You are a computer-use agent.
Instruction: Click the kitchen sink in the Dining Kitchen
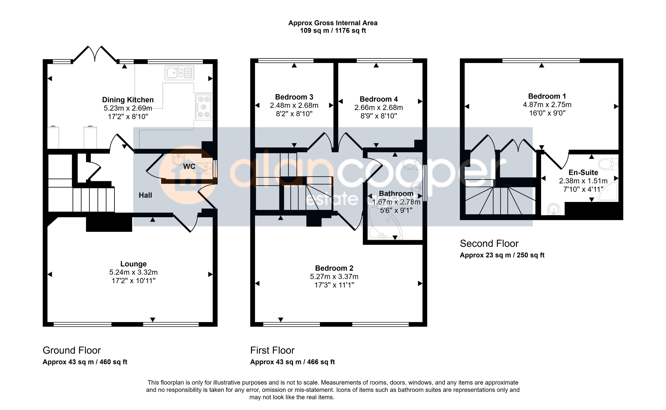pyautogui.click(x=180, y=72)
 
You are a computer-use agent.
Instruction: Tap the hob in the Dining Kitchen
pyautogui.click(x=204, y=107)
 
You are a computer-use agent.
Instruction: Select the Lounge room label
pyautogui.click(x=133, y=264)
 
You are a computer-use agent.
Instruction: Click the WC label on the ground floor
pyautogui.click(x=189, y=167)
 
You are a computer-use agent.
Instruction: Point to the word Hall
pyautogui.click(x=145, y=195)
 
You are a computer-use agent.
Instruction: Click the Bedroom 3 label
pyautogui.click(x=294, y=97)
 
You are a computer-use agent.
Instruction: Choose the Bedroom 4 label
pyautogui.click(x=379, y=99)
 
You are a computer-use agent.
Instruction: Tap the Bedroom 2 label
pyautogui.click(x=334, y=268)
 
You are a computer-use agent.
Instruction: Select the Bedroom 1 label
pyautogui.click(x=547, y=96)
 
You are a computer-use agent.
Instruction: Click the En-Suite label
pyautogui.click(x=583, y=172)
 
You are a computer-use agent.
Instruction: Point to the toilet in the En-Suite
pyautogui.click(x=608, y=164)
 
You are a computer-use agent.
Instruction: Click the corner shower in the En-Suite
pyautogui.click(x=609, y=191)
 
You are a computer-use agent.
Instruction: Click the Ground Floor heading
pyautogui.click(x=72, y=350)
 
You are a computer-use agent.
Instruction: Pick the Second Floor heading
pyautogui.click(x=489, y=243)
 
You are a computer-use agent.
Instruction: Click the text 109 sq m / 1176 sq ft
pyautogui.click(x=333, y=31)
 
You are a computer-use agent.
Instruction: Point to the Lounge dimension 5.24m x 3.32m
pyautogui.click(x=133, y=272)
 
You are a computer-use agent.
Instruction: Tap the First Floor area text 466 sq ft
pyautogui.click(x=321, y=362)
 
